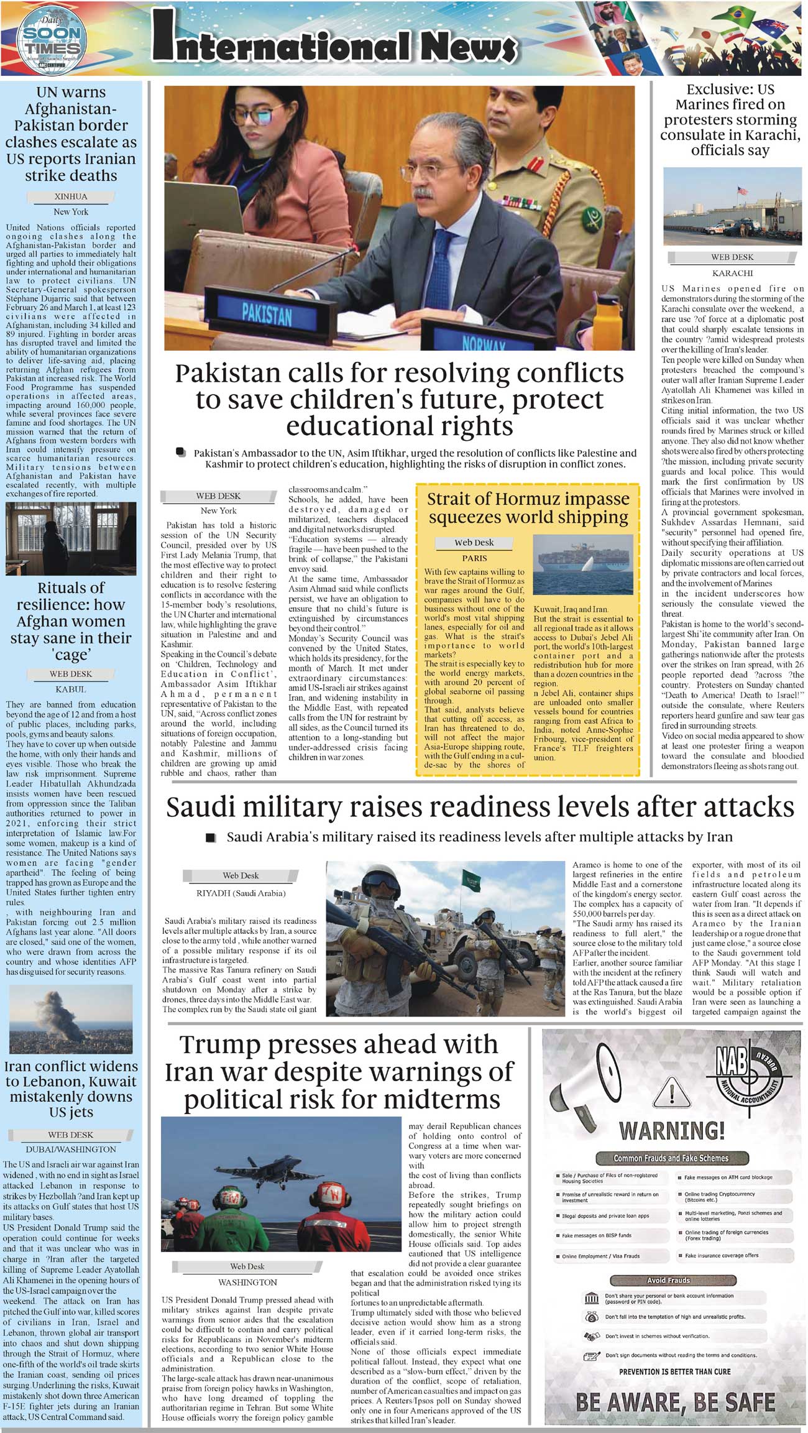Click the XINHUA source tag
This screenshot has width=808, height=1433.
pyautogui.click(x=71, y=196)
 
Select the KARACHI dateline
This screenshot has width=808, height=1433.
pyautogui.click(x=732, y=272)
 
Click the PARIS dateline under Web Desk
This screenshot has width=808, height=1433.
pyautogui.click(x=474, y=558)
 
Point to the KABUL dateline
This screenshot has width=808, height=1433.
pyautogui.click(x=71, y=689)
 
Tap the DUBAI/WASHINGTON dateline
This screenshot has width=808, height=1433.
pyautogui.click(x=71, y=1150)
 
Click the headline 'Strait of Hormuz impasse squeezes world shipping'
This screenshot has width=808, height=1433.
pyautogui.click(x=528, y=508)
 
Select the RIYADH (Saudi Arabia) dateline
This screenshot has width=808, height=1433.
pyautogui.click(x=241, y=893)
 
